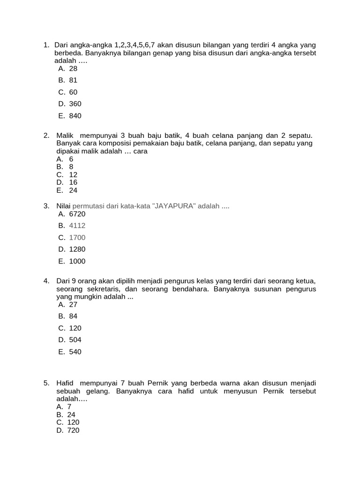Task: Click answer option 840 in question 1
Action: click(75, 116)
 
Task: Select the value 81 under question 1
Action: click(73, 80)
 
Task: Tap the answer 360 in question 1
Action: click(75, 104)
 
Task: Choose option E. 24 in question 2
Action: click(73, 190)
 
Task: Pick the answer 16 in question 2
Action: click(73, 182)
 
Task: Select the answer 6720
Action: click(77, 214)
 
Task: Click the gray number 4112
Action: click(77, 225)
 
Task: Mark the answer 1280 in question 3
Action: click(77, 249)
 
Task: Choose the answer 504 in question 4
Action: click(75, 340)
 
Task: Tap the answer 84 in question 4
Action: click(73, 316)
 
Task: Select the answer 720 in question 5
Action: click(74, 430)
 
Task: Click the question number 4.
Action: click(46, 281)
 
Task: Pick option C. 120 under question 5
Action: click(74, 422)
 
